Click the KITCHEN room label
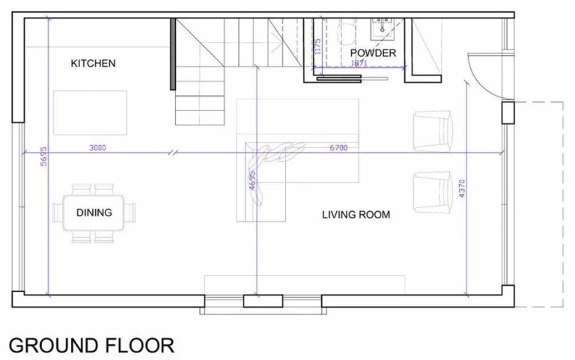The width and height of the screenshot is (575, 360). (x=93, y=64)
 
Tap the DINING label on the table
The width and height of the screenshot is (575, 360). (x=94, y=213)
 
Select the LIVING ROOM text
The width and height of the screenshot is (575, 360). (x=356, y=215)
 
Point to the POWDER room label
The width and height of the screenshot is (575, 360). (x=373, y=53)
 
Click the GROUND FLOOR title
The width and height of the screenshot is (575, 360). (x=91, y=345)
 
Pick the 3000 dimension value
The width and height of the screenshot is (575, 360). (x=97, y=147)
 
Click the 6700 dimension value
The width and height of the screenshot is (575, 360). (x=338, y=147)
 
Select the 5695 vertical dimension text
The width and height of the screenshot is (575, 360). (x=43, y=156)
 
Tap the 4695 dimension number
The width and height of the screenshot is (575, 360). (x=252, y=180)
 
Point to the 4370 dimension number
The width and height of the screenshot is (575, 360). (x=462, y=189)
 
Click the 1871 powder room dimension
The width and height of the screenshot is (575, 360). (x=359, y=63)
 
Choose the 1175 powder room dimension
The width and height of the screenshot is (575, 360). (x=318, y=46)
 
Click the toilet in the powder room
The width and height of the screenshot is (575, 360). (x=347, y=34)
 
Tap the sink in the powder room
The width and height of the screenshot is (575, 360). (x=382, y=28)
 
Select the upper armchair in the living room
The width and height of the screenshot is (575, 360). (x=433, y=130)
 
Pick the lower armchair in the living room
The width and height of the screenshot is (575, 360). (x=433, y=192)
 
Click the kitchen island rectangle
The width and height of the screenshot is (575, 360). (x=90, y=113)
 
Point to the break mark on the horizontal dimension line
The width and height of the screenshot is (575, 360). (x=172, y=152)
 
